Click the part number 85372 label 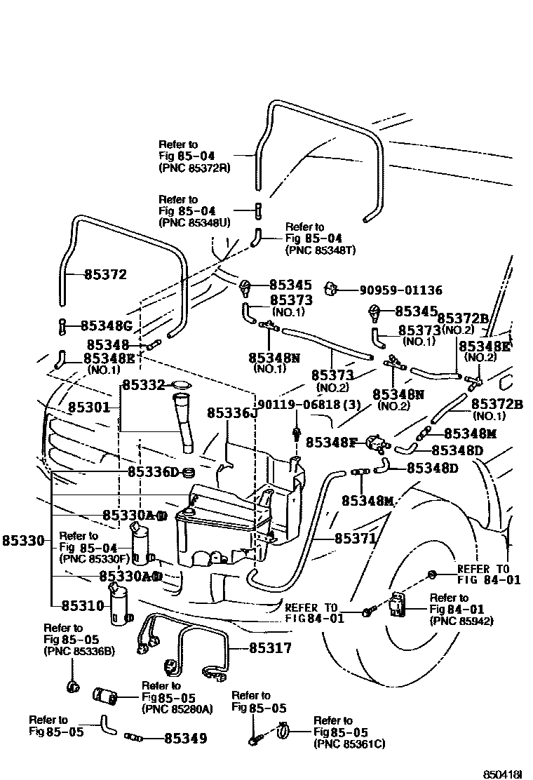105,274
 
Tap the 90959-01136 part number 401,289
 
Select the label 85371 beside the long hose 355,539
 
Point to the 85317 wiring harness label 270,649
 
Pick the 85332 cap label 144,385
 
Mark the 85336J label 228,414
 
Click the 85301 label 90,406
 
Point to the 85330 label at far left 23,541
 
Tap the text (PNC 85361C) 349,744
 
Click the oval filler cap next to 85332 181,385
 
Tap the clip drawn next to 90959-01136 332,288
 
